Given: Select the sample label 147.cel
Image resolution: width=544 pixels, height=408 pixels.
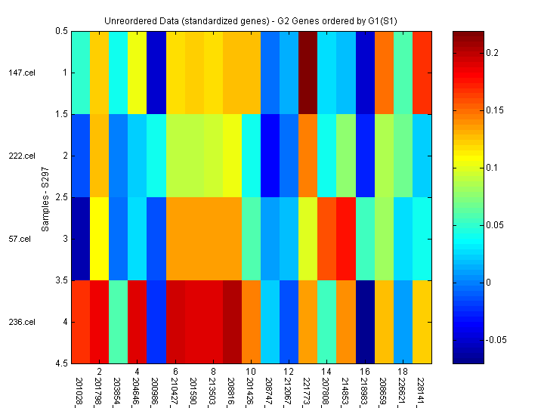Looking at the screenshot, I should tap(23, 73).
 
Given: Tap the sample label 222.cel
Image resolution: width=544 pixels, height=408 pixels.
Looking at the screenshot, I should tap(23, 156).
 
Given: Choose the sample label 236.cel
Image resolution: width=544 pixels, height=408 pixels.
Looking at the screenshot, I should tap(23, 323).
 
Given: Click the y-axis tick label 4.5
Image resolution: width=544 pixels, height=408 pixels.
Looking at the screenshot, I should tap(61, 363).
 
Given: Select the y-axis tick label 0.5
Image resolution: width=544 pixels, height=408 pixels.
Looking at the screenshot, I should tap(61, 31).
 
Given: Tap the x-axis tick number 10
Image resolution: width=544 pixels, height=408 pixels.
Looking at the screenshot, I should tap(251, 372).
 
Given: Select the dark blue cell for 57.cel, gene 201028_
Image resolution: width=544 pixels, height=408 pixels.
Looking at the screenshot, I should tap(80, 239).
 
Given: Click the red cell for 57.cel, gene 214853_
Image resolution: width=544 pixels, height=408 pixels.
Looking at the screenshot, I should tap(345, 239).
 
